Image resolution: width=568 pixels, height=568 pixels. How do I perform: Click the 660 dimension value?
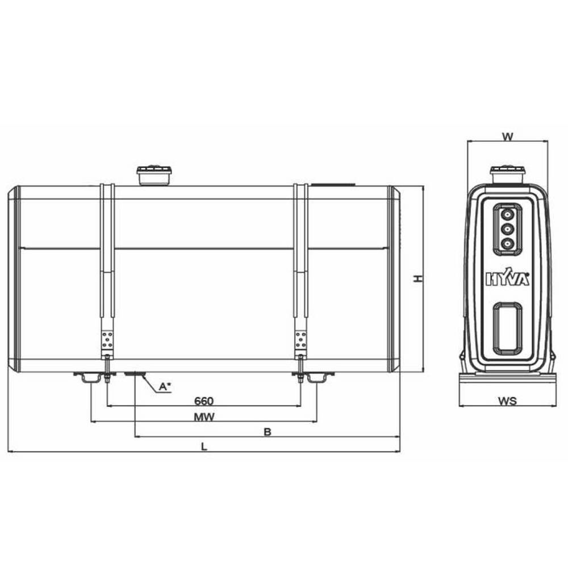click(x=204, y=401)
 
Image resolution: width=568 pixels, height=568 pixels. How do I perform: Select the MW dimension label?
click(x=204, y=417)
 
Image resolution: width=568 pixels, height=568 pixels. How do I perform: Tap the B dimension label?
click(x=268, y=432)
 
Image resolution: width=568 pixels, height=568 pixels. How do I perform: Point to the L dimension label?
click(x=204, y=446)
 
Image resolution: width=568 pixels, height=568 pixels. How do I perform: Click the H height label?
click(x=419, y=278)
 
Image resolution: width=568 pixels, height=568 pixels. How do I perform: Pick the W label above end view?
click(x=507, y=136)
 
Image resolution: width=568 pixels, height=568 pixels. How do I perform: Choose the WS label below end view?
click(x=507, y=401)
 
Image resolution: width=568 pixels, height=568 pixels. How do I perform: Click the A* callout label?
click(x=165, y=386)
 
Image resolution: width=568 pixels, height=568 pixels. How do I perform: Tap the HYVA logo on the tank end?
click(x=507, y=278)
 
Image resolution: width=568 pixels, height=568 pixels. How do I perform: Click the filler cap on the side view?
click(x=154, y=176)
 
